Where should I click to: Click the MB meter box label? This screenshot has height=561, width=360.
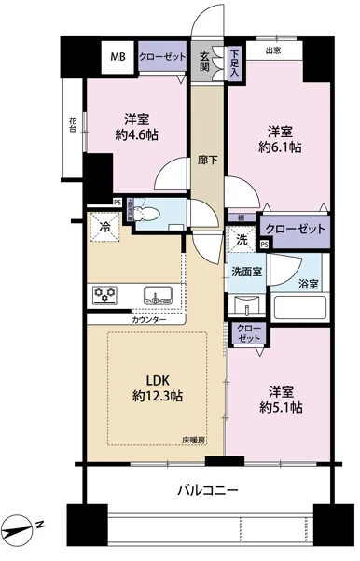118,57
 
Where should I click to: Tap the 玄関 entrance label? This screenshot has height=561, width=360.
204,62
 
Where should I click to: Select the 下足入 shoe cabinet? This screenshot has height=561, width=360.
234,63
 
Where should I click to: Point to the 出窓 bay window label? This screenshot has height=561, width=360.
272,50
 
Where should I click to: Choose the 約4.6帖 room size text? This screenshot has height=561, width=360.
137,135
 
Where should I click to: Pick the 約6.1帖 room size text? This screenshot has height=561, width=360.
280,147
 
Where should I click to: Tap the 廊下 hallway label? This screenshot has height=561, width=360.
207,160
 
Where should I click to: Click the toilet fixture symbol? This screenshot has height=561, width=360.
147,213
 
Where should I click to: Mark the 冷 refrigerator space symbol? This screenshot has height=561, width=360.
104,227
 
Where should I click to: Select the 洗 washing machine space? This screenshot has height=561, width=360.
242,239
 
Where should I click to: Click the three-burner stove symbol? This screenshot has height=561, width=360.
104,294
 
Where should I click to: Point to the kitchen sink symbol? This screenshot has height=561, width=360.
158,296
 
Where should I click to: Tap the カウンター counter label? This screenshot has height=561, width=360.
148,319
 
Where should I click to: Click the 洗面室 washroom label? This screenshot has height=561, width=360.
246,272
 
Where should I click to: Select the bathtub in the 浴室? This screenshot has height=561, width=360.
300,307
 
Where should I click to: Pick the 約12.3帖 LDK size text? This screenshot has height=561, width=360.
158,396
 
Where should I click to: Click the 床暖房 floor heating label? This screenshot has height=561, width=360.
194,441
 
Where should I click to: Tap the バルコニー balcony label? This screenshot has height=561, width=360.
208,489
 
